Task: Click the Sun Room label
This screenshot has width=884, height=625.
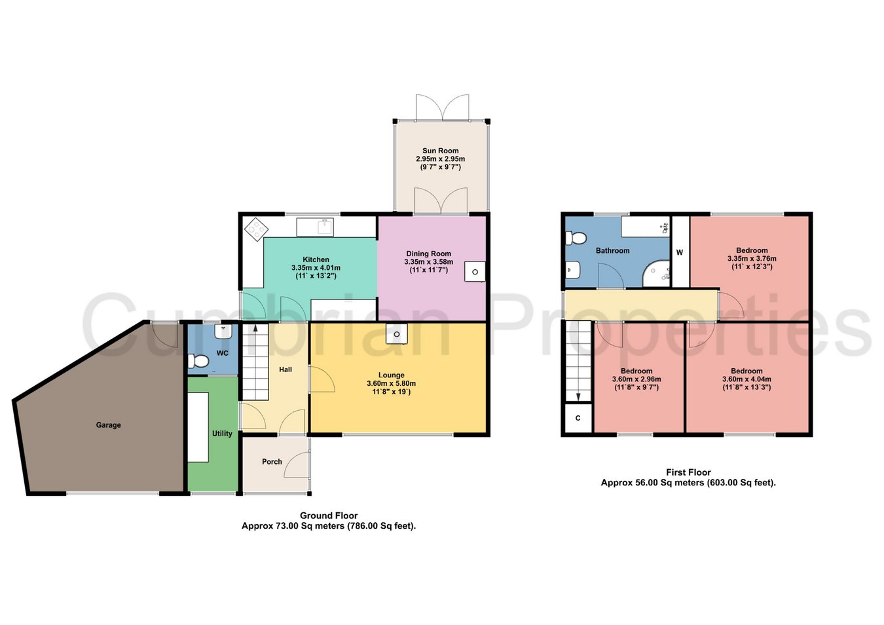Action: [441, 151]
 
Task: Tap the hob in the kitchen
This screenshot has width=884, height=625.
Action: [256, 229]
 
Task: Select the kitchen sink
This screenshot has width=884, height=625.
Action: [316, 227]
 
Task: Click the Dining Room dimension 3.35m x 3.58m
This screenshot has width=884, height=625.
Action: [429, 262]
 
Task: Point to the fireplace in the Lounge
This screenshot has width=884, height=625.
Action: [397, 334]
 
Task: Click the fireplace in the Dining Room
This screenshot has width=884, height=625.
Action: [475, 272]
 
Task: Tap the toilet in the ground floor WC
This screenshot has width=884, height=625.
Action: [198, 360]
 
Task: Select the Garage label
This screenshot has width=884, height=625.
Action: [108, 425]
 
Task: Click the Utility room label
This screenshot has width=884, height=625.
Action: [222, 433]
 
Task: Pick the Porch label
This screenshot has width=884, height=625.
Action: [272, 461]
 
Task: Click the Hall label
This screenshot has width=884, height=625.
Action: [285, 369]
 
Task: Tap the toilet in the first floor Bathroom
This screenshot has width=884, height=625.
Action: [576, 238]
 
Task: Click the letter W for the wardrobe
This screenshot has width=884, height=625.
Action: [680, 252]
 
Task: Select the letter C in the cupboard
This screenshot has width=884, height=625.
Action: [578, 418]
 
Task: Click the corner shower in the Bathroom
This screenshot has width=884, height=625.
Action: [657, 273]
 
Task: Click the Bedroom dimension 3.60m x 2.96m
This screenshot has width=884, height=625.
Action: [636, 379]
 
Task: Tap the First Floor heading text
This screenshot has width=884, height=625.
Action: [688, 472]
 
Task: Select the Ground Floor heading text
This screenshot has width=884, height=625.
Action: [329, 515]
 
